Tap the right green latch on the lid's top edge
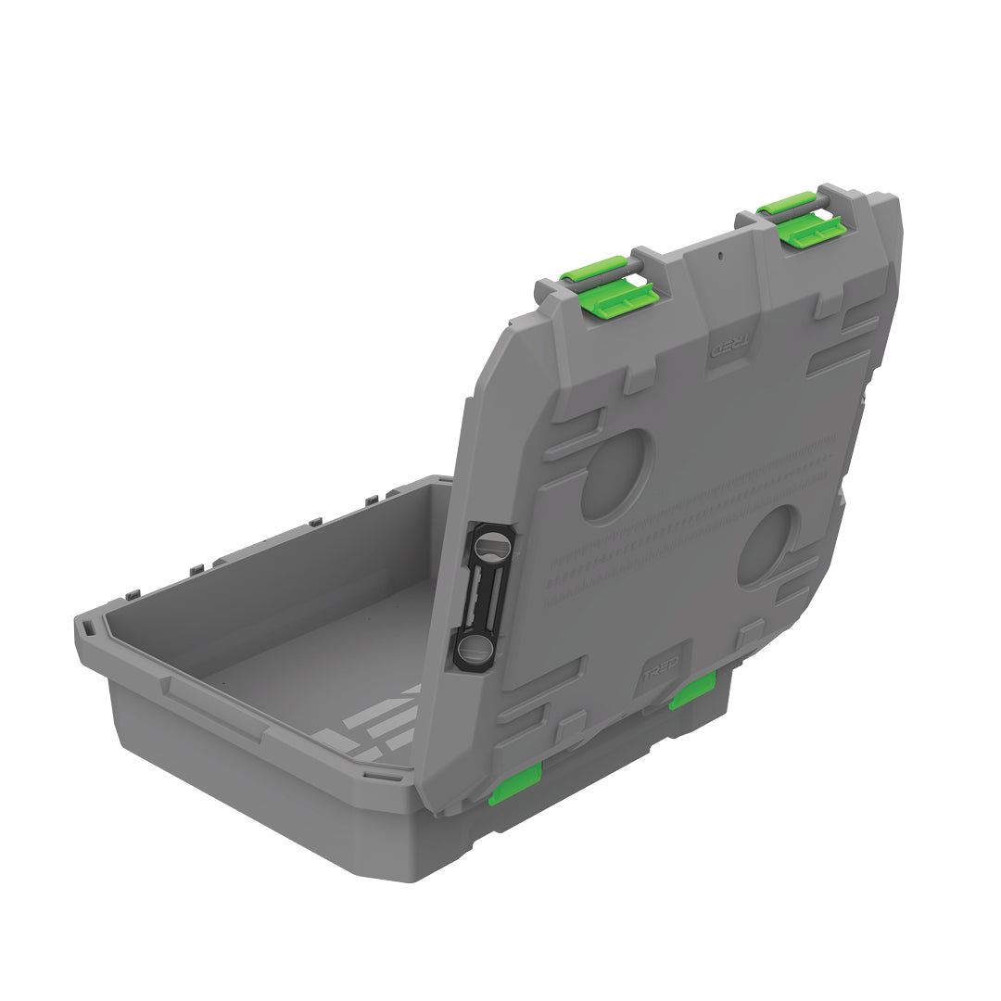[804, 219]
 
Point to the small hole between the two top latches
[719, 251]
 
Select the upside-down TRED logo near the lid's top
[727, 348]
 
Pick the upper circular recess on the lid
[616, 475]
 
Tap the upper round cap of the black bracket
[492, 547]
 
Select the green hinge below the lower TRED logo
[692, 691]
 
